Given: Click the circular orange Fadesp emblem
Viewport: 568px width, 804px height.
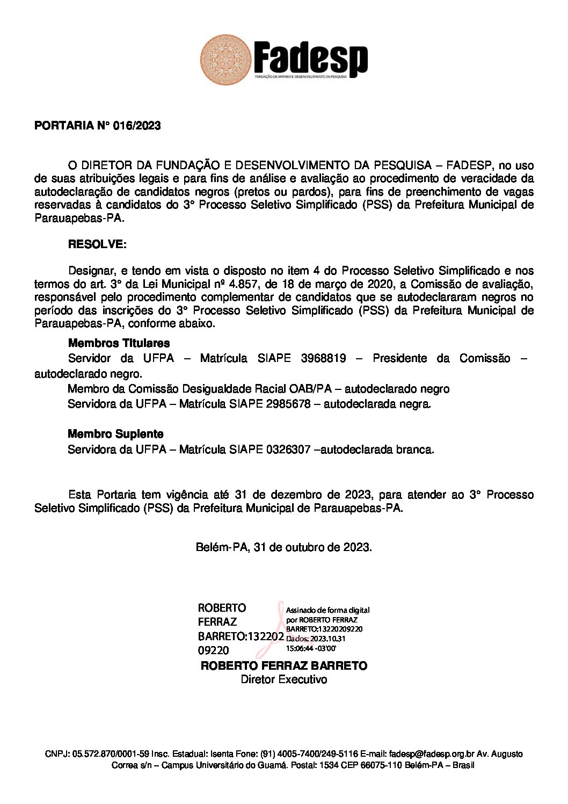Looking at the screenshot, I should coord(225,60).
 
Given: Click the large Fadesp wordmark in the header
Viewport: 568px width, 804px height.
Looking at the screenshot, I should coord(311,58).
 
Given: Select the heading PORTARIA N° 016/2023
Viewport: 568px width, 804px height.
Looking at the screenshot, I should coord(97,126).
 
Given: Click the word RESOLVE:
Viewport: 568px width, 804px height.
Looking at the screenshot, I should coord(97,244).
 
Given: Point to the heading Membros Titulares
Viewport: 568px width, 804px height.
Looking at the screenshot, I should coord(119,343).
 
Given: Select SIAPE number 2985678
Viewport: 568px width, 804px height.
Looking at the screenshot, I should coord(288,404).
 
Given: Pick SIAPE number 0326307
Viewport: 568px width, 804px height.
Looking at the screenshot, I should coord(288,450).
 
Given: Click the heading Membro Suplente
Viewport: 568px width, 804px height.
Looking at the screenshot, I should coord(115,434).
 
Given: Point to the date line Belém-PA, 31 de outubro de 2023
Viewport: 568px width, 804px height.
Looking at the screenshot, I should coord(283,547).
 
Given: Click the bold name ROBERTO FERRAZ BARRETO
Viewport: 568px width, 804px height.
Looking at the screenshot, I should coord(283,666).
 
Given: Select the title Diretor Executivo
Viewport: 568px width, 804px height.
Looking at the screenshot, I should coord(283,680).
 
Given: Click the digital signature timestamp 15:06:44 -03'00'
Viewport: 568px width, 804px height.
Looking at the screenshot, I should coord(311,648).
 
